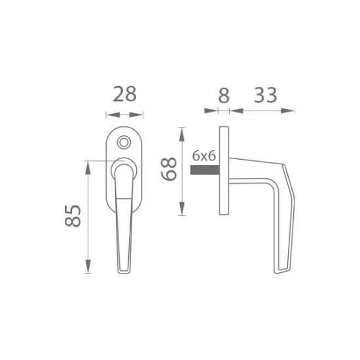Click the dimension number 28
[124, 94]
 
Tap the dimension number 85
[73, 216]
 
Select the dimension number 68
[169, 169]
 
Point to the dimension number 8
[224, 96]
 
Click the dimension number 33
[265, 95]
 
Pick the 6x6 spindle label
[204, 156]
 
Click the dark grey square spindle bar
[205, 170]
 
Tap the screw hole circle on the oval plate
[124, 142]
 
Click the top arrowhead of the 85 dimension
[88, 168]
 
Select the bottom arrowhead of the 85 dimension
[88, 266]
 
